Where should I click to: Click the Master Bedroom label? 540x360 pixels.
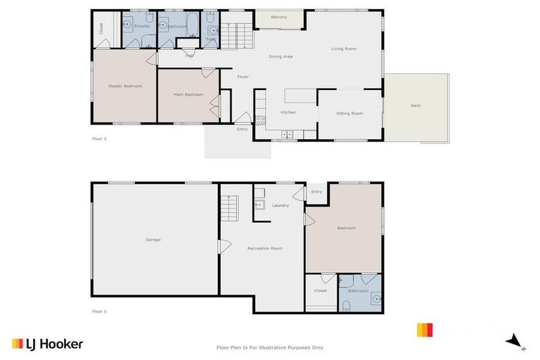(125, 86)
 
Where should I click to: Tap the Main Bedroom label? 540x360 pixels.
(189, 94)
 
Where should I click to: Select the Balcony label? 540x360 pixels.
(278, 17)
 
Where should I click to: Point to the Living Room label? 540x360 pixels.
(345, 49)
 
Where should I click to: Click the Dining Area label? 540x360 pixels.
(281, 56)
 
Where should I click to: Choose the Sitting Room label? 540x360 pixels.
(349, 113)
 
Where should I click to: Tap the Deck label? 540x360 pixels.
(416, 105)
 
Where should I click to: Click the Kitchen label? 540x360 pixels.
(288, 112)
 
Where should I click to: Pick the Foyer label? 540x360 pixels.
(243, 77)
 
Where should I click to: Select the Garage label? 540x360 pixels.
(153, 240)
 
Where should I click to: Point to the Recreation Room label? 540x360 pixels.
(265, 248)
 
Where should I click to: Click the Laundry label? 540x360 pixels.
(281, 206)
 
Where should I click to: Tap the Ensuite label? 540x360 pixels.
(141, 26)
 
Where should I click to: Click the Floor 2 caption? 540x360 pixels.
(99, 139)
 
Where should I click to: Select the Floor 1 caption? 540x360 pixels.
(99, 311)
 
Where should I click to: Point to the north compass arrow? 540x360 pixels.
(514, 341)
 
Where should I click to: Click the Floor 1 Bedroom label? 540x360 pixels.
(346, 228)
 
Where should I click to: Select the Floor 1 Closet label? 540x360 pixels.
(321, 290)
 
